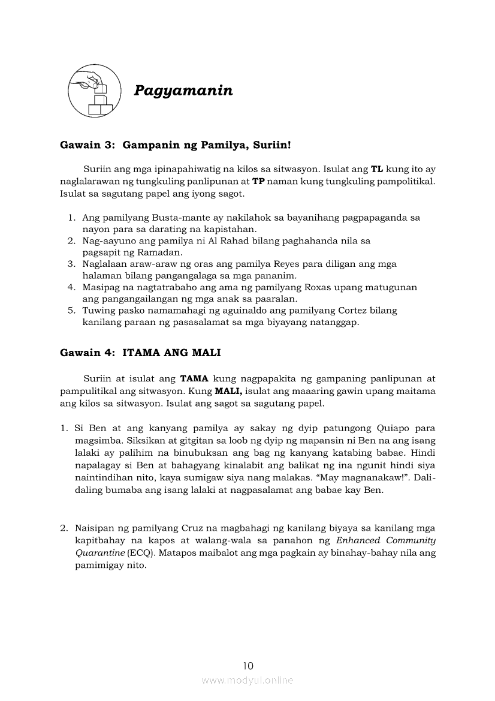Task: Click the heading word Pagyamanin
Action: [183, 91]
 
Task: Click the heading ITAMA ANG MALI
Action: [171, 353]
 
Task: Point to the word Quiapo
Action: [392, 428]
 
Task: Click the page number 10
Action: [248, 665]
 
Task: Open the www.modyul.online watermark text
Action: [248, 681]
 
